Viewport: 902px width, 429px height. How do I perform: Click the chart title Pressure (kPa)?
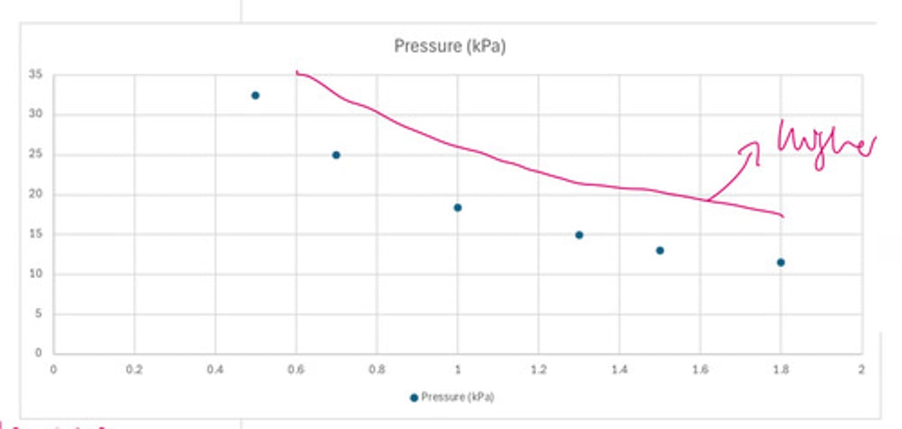click(x=449, y=46)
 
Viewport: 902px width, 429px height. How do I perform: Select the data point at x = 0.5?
click(x=255, y=95)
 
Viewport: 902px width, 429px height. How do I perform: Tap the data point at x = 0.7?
click(x=336, y=155)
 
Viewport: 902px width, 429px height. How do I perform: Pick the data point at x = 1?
click(x=457, y=207)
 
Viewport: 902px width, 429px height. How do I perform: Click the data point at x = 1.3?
click(x=579, y=235)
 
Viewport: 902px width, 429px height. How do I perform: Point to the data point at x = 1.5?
click(x=660, y=251)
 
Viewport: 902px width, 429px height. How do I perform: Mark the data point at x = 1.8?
click(x=780, y=262)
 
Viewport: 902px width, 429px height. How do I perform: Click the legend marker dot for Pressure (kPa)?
click(x=413, y=398)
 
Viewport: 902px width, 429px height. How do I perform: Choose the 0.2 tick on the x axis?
click(x=134, y=370)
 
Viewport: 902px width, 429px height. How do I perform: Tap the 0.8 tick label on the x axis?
click(x=376, y=370)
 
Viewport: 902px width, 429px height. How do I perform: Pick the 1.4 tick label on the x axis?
click(x=619, y=370)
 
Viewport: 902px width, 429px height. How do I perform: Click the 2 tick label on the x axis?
click(x=861, y=370)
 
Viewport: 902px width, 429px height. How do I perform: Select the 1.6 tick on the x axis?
click(x=700, y=370)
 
